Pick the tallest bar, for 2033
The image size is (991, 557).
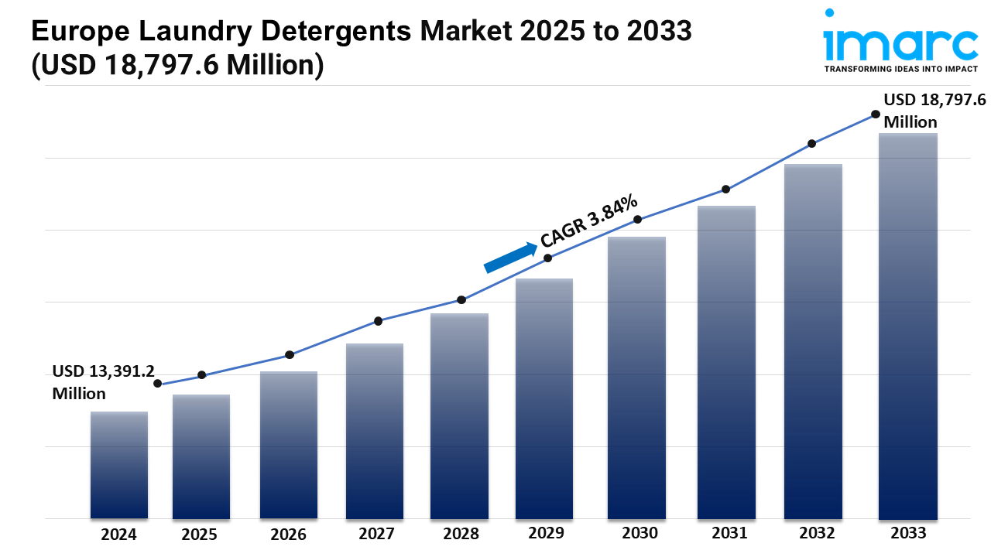908,326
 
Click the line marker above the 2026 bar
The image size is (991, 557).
290,355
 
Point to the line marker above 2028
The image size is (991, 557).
461,299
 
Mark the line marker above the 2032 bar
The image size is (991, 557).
812,144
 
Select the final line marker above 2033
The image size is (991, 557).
876,114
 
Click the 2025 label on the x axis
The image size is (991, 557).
200,535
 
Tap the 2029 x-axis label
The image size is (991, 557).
547,533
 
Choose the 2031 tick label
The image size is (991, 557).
729,533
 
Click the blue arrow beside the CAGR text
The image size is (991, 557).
511,258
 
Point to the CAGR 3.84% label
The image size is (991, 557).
590,220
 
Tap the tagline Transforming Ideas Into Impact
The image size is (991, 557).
900,70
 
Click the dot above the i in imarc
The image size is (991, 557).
830,14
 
